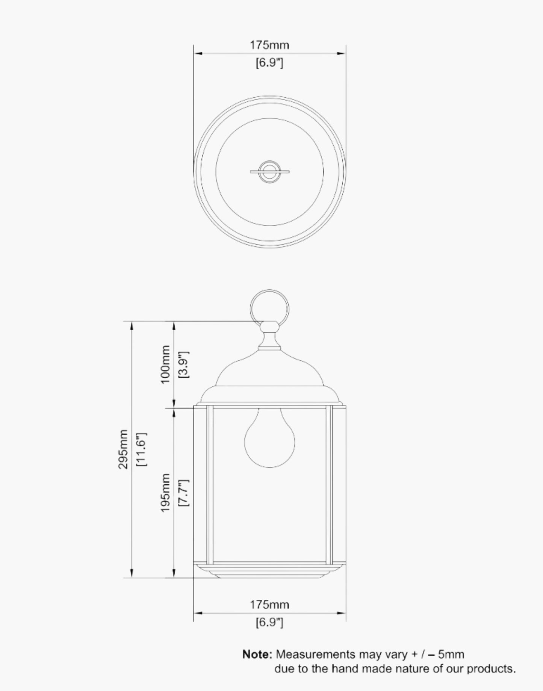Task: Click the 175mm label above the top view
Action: tap(269, 45)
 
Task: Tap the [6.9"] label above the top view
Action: tap(269, 62)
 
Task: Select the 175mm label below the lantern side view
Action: tap(269, 605)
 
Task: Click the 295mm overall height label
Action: tap(123, 449)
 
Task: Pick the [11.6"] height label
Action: tap(142, 449)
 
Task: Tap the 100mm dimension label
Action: tap(165, 364)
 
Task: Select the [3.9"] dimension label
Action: tap(184, 364)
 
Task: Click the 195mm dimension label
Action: tap(165, 493)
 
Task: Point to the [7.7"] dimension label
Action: tap(184, 493)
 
